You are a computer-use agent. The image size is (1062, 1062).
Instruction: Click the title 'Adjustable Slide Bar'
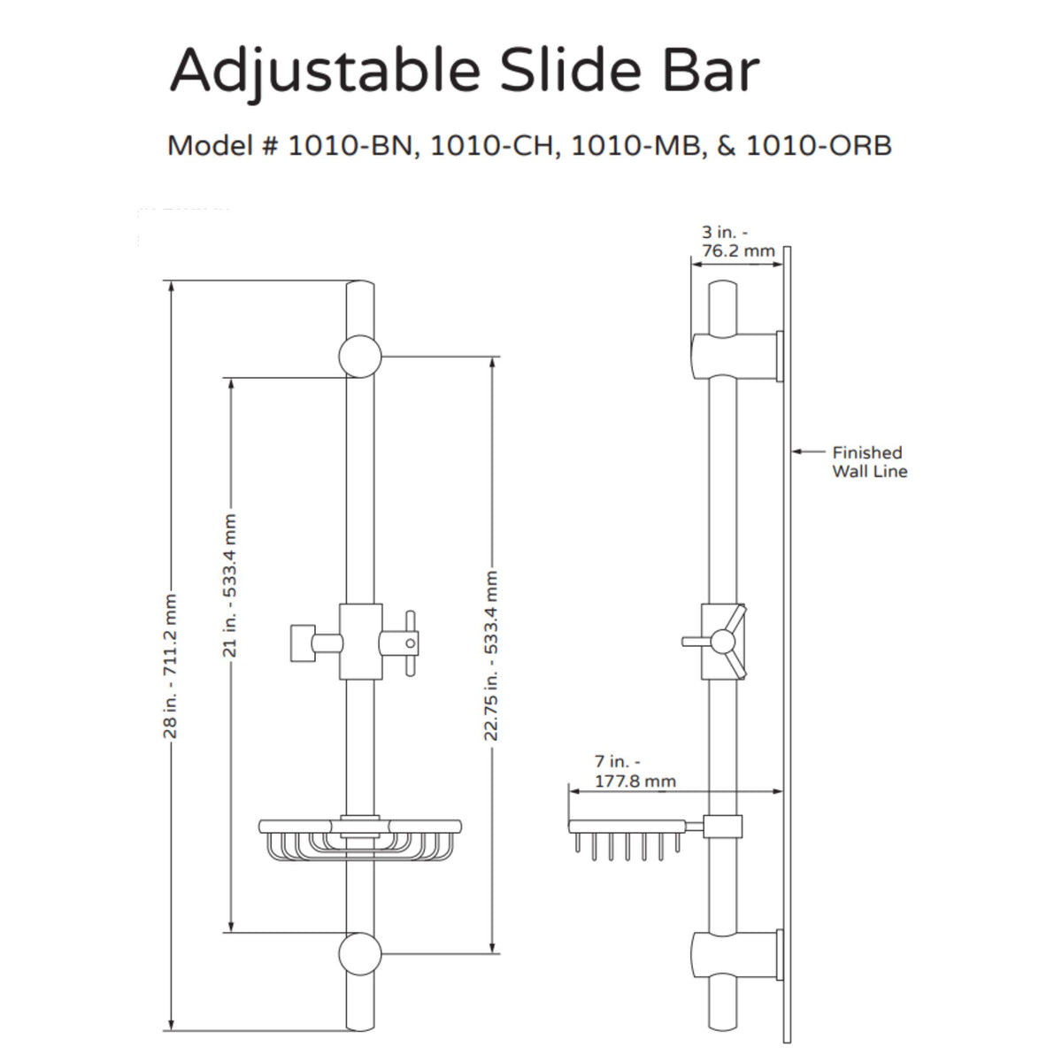(x=464, y=71)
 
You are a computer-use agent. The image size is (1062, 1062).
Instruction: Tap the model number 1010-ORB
(x=819, y=145)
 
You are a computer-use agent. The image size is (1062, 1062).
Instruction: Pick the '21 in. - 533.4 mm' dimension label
(x=230, y=584)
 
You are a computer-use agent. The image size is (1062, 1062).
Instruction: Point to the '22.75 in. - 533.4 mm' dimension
(x=492, y=655)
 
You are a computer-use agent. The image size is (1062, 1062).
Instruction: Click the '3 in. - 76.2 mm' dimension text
(x=737, y=242)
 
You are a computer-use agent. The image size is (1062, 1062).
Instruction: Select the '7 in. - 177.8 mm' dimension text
(x=635, y=771)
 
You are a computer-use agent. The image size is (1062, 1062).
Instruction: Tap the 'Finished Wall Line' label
(x=869, y=462)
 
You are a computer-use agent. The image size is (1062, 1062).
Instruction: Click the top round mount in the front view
(x=360, y=357)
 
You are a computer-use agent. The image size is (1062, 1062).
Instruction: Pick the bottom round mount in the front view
(x=360, y=954)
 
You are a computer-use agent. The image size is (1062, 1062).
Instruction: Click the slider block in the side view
(x=722, y=642)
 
